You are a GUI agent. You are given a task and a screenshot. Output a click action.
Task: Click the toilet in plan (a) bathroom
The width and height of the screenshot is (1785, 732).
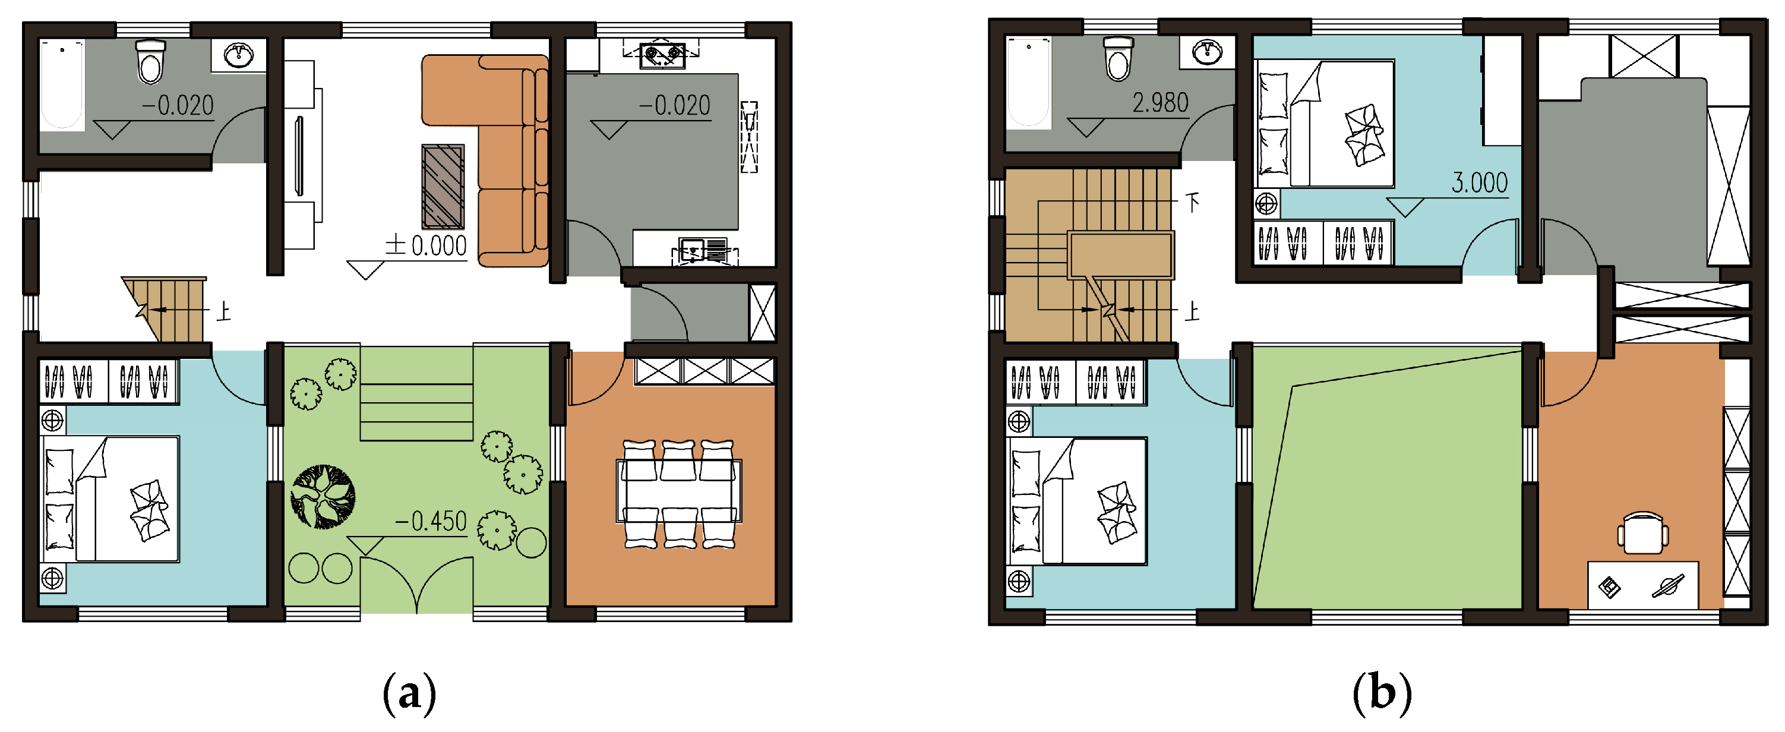point(150,62)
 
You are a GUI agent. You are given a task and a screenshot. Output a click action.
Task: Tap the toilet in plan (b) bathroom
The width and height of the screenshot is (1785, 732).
point(1118,59)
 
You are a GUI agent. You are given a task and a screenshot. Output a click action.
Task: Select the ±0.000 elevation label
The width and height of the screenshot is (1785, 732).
point(426,245)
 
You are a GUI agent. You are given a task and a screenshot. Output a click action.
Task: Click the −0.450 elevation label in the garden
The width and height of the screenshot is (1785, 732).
point(430,521)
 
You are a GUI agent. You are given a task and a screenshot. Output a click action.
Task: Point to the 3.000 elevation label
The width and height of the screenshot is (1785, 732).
point(1480,183)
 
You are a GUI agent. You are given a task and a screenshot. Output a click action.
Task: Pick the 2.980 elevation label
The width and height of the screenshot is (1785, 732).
point(1160,103)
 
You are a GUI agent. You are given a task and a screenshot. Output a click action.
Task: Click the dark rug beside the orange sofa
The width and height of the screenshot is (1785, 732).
point(443,187)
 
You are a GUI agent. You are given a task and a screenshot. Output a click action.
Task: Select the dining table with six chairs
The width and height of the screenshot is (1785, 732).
point(679,494)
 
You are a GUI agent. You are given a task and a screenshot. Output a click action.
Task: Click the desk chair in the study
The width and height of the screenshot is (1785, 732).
point(1642,533)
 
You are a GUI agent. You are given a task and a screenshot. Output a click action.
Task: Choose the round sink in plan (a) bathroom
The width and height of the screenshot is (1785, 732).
point(238,55)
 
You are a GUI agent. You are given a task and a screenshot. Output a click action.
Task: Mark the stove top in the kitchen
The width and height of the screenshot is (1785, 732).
point(662,54)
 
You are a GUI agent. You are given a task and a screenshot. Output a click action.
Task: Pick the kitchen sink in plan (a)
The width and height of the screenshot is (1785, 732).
point(703,250)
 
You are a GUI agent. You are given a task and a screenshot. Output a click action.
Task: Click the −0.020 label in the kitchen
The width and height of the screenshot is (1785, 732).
point(674,106)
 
